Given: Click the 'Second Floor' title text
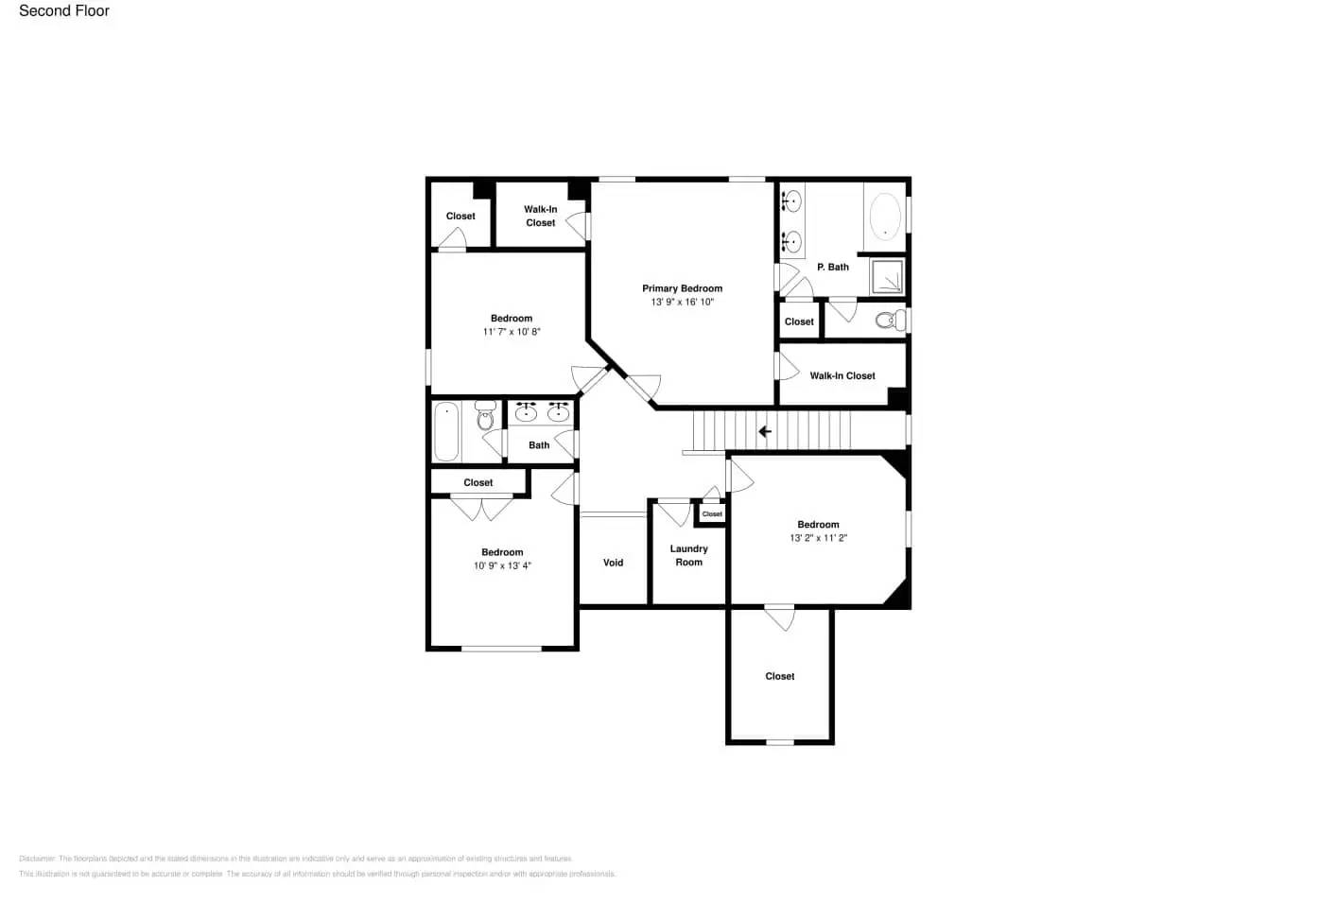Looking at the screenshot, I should [x=64, y=11].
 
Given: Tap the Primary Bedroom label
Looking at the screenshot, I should [x=682, y=288].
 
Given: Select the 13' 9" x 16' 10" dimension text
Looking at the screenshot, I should [x=682, y=303].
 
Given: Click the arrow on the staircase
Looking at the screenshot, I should [x=765, y=432].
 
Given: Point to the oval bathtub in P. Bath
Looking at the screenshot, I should [x=886, y=217].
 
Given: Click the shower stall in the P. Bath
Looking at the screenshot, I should [x=886, y=276].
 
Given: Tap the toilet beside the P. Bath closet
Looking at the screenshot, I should [x=890, y=321].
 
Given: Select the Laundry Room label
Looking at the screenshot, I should [x=688, y=555].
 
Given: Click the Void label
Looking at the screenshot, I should [x=613, y=563].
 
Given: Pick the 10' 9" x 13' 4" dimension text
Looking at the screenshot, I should [x=502, y=565].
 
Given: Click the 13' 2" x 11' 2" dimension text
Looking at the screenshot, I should [x=818, y=538].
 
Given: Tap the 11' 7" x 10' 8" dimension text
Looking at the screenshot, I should [x=512, y=332].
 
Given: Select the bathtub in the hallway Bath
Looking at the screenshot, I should [x=447, y=430].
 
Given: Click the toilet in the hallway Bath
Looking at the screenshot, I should [x=485, y=416].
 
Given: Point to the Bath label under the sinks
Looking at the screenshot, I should [x=539, y=445].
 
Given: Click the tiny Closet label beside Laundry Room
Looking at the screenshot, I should [x=712, y=514].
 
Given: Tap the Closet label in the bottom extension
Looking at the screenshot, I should [x=779, y=676].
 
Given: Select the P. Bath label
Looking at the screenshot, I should [x=833, y=267].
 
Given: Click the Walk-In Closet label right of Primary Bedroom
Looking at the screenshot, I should [x=842, y=375].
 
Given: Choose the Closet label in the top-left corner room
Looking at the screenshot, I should [x=460, y=217].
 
